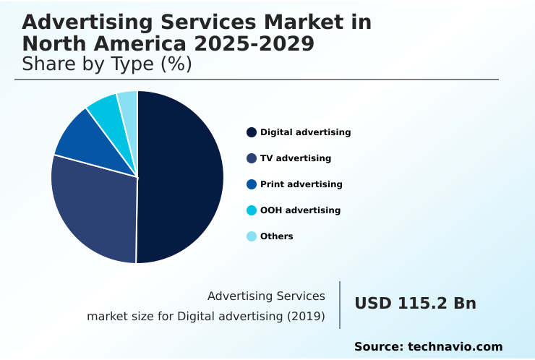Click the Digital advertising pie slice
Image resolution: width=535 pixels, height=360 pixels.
pyautogui.click(x=181, y=176)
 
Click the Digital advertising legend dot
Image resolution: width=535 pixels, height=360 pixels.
pyautogui.click(x=252, y=132)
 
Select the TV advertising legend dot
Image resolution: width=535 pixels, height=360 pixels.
pyautogui.click(x=252, y=158)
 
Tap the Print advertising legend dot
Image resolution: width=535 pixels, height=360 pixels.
pyautogui.click(x=252, y=184)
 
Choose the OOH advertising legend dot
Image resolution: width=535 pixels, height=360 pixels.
pyautogui.click(x=252, y=210)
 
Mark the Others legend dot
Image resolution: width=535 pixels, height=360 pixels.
pyautogui.click(x=252, y=236)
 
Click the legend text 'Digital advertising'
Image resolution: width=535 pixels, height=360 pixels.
pyautogui.click(x=305, y=132)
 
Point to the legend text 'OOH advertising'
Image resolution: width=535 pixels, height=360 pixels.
pyautogui.click(x=300, y=210)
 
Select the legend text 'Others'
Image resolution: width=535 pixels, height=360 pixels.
pyautogui.click(x=277, y=236)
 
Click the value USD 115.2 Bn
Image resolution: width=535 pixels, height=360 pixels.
pyautogui.click(x=415, y=304)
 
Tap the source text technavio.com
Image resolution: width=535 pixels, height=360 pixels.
pyautogui.click(x=455, y=347)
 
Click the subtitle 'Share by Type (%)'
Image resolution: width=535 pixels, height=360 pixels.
pyautogui.click(x=107, y=64)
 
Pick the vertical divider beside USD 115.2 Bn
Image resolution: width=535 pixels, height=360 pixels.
pyautogui.click(x=340, y=304)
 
